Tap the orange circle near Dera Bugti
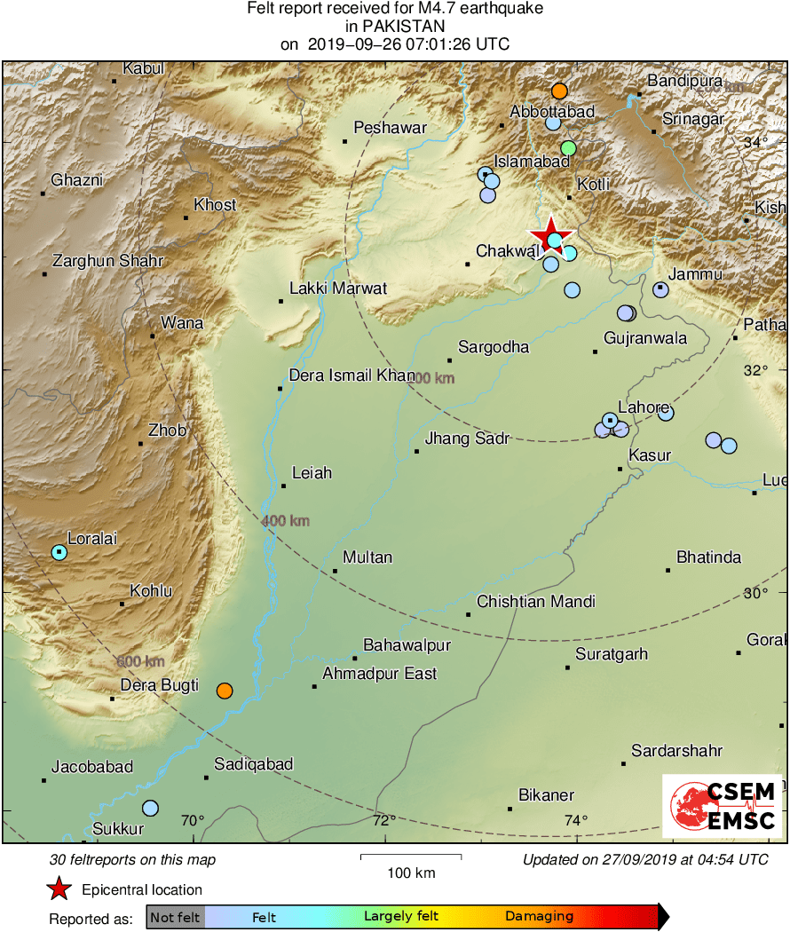(225, 691)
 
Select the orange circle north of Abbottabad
(559, 91)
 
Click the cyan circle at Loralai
(59, 552)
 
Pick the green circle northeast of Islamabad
(569, 147)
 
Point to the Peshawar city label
(390, 128)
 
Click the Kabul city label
(143, 68)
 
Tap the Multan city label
(367, 557)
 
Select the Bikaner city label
(546, 795)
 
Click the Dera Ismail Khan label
(352, 375)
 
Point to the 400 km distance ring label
(285, 521)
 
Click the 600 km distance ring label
(140, 662)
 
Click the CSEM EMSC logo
(722, 806)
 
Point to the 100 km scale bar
(411, 857)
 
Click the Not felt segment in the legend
(175, 917)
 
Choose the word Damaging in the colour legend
(540, 917)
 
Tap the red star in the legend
(59, 889)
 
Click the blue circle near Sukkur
(150, 808)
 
